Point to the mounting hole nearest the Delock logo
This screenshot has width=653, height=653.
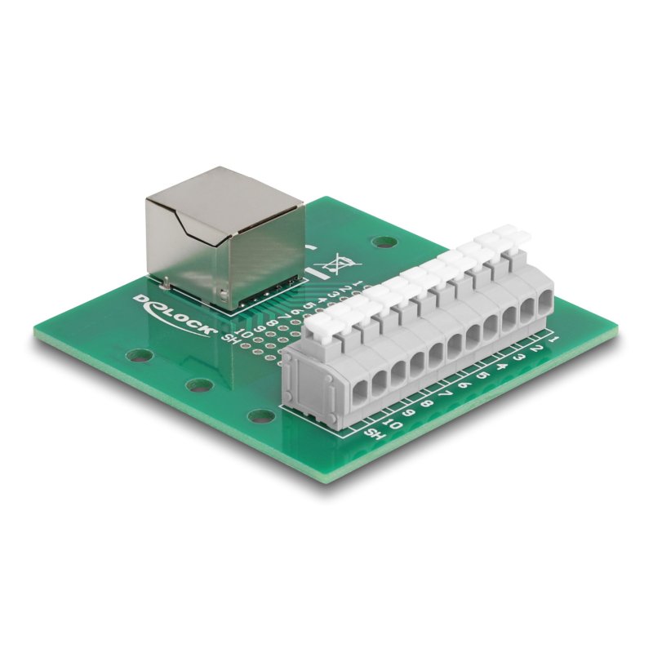point(140,356)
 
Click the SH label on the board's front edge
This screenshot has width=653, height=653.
point(371,433)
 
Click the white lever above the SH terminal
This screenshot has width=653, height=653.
point(323,326)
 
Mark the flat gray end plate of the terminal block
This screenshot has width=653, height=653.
point(303,375)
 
